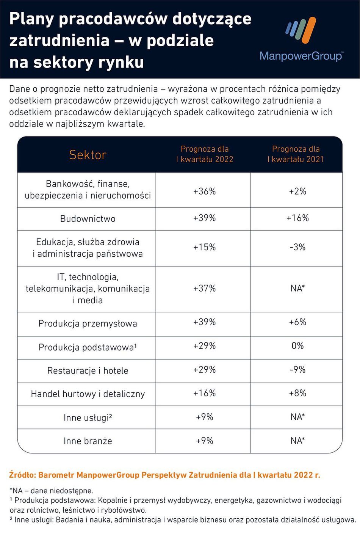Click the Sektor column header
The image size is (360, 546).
[x=88, y=155]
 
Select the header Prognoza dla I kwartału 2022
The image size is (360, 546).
[x=205, y=154]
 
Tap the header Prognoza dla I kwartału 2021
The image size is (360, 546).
[x=296, y=154]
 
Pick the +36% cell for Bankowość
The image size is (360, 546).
[x=205, y=191]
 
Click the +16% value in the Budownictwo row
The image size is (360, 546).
[x=297, y=218]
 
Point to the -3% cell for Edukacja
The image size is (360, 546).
[x=297, y=247]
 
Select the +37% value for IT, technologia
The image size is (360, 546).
[x=205, y=288]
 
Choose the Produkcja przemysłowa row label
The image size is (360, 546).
[x=88, y=323]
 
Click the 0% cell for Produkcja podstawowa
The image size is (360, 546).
[x=297, y=346]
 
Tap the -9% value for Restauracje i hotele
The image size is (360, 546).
[x=297, y=370]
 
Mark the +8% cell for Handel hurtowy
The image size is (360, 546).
[x=297, y=393]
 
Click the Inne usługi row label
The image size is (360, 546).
[x=88, y=417]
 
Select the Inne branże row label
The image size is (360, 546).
[x=88, y=441]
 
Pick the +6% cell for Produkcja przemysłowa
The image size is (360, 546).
[x=297, y=322]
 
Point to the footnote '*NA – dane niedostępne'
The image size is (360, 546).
[x=51, y=491]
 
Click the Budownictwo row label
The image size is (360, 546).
[x=88, y=218]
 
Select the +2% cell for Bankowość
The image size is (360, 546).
[x=297, y=191]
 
